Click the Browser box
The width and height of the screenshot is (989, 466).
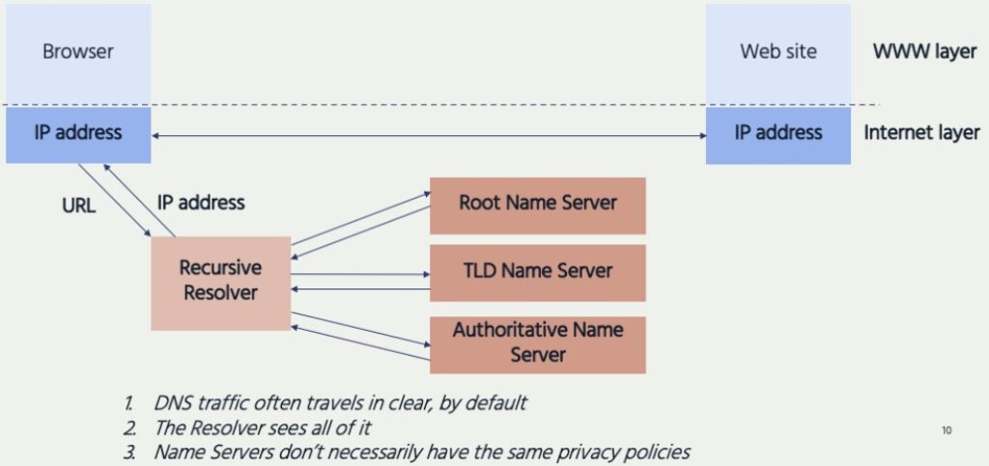tap(78, 52)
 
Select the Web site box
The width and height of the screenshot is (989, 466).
tap(777, 52)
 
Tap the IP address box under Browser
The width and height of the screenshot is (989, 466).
tap(78, 133)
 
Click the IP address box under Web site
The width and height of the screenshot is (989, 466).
tap(777, 133)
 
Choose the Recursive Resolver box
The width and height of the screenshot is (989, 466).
tap(221, 280)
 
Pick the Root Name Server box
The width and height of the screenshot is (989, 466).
tap(537, 203)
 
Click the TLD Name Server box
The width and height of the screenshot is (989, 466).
tap(537, 271)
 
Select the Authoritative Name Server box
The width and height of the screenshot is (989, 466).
tap(537, 343)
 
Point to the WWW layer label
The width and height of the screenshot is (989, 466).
tap(924, 52)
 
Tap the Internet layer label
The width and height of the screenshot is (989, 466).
tap(921, 133)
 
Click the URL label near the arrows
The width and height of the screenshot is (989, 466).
tap(78, 205)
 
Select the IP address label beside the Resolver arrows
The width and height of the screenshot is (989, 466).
tap(200, 203)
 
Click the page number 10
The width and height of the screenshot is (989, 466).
tap(946, 430)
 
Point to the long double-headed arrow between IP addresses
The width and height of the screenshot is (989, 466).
tap(429, 136)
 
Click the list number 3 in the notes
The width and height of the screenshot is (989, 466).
tap(128, 452)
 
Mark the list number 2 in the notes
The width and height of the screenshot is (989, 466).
tap(128, 427)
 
